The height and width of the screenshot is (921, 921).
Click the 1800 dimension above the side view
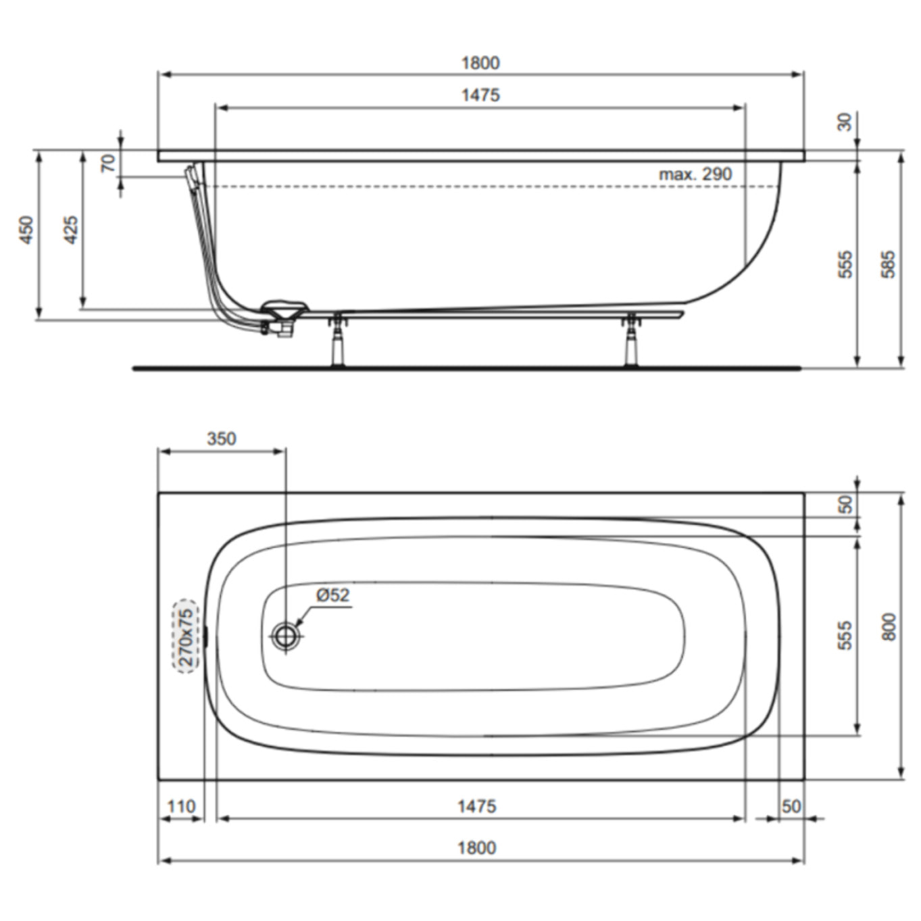click(480, 63)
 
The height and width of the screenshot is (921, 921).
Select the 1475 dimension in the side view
click(480, 95)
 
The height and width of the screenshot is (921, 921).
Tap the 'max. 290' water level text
click(695, 174)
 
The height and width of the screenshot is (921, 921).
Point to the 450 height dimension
click(26, 230)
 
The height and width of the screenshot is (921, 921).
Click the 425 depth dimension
click(70, 230)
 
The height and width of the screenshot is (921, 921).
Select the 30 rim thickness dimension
click(845, 122)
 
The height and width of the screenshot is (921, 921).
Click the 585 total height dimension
click(889, 264)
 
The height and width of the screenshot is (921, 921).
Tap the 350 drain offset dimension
click(221, 439)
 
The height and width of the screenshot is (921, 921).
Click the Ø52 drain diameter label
click(332, 595)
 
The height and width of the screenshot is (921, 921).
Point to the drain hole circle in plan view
click(286, 635)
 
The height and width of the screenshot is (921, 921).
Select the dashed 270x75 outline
click(186, 636)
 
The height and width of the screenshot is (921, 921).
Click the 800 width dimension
click(889, 627)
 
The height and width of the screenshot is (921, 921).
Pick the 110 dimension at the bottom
click(180, 806)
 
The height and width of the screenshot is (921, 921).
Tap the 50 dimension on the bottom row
click(791, 806)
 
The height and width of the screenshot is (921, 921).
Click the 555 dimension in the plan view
click(845, 636)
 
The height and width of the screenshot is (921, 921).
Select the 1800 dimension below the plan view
click(476, 847)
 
